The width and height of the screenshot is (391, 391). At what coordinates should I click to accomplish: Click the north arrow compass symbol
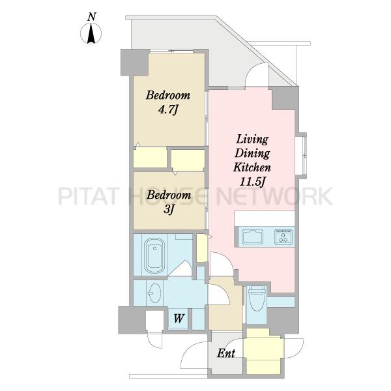[x=91, y=33]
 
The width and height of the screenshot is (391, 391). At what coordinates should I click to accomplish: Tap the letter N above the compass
[x=92, y=17]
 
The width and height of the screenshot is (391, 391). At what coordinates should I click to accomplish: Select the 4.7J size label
[x=168, y=109]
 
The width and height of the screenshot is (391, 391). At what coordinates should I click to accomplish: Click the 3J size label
[x=168, y=209]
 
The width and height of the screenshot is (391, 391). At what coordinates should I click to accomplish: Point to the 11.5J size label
[x=252, y=182]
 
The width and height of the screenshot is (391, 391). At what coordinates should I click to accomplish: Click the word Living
[x=252, y=139]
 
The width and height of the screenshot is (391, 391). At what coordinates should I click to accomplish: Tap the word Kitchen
[x=252, y=167]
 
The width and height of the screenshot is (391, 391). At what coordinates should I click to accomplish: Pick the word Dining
[x=252, y=153]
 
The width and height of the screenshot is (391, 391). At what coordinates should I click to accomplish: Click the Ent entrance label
[x=226, y=353]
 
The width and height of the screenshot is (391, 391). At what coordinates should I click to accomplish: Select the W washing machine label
[x=179, y=319]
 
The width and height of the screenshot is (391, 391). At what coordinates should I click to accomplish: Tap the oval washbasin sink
[x=154, y=293]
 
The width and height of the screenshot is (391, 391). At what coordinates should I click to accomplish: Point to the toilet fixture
[x=257, y=298]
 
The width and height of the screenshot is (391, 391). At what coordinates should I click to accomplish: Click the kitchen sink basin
[x=252, y=237]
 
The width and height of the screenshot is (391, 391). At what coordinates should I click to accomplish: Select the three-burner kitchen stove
[x=283, y=237]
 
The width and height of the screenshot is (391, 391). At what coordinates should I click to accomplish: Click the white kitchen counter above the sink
[x=265, y=218]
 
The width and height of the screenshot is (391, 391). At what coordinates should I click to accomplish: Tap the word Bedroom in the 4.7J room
[x=168, y=95]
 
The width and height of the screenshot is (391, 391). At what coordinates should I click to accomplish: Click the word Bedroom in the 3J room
[x=169, y=195]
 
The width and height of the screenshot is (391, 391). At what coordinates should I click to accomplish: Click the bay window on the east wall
[x=301, y=155]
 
